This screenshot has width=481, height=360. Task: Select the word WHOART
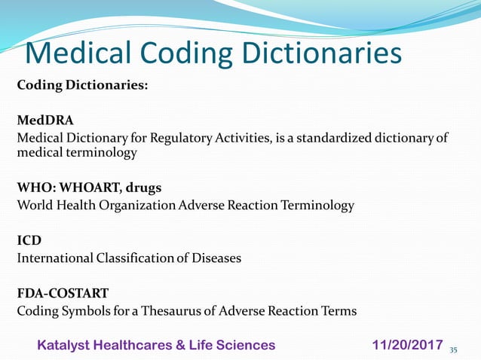(x=84, y=188)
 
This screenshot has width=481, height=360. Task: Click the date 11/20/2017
(x=407, y=344)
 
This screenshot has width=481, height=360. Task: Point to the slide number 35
(x=454, y=349)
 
